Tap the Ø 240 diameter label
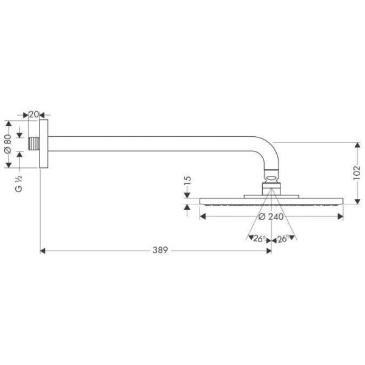[270, 217]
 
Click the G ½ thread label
[19, 183]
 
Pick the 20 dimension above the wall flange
[34, 114]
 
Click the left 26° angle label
[260, 239]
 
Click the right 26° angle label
[282, 239]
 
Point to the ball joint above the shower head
[271, 178]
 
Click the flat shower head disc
[271, 201]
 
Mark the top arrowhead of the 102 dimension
[356, 145]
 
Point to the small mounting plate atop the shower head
[271, 195]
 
